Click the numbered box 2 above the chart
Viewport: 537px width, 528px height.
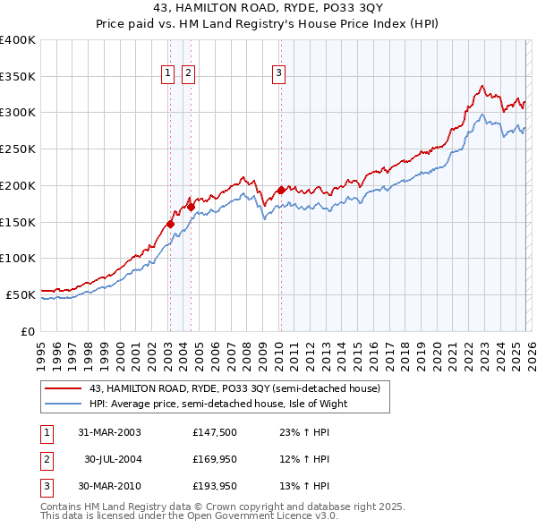(190, 74)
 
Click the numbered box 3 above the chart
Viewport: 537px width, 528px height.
(279, 74)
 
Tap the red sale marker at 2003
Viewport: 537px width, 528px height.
(170, 224)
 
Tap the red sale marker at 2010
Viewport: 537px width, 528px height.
(281, 190)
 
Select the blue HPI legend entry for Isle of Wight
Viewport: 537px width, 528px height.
(217, 404)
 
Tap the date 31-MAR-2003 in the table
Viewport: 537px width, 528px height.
(110, 431)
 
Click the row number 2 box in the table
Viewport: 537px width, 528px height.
(46, 459)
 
